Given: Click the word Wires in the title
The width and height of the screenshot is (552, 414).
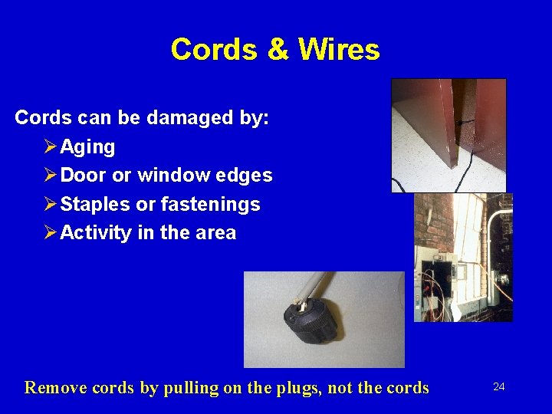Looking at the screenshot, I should click(339, 50).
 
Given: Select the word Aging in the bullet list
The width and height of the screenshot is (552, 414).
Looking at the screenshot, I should click(87, 146).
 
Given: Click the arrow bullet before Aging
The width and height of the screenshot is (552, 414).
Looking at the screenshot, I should click(51, 146).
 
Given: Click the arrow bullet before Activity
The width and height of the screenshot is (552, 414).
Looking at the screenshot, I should click(51, 233).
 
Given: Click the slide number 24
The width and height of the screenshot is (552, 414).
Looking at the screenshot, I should click(498, 387).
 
